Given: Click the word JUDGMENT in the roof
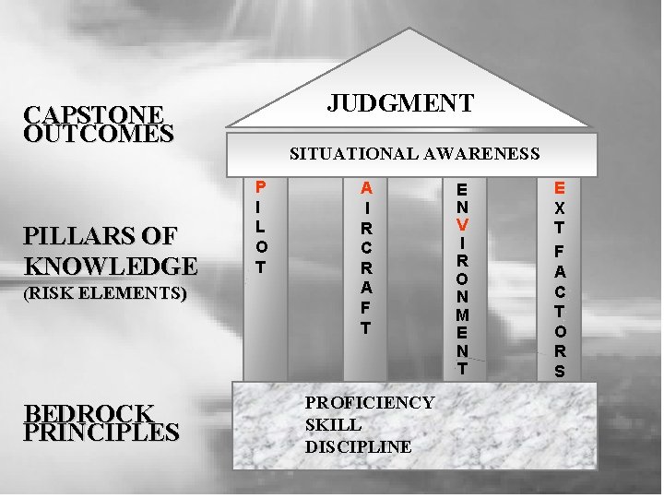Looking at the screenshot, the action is (400, 101).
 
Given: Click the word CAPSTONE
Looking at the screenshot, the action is (95, 115).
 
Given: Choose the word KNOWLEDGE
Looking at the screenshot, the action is (112, 267).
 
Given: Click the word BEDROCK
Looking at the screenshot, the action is (89, 413).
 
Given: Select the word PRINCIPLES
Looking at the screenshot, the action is (101, 432).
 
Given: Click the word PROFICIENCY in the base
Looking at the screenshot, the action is (369, 403).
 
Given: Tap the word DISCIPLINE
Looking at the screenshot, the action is (358, 447).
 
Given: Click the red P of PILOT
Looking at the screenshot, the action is (261, 187).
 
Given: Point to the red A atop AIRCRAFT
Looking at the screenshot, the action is (366, 187).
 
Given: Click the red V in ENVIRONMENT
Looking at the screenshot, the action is (462, 225).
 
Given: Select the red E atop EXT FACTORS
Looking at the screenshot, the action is (560, 188).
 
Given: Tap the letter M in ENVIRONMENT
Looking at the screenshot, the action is (462, 314).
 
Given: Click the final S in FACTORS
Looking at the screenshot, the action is (560, 371).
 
